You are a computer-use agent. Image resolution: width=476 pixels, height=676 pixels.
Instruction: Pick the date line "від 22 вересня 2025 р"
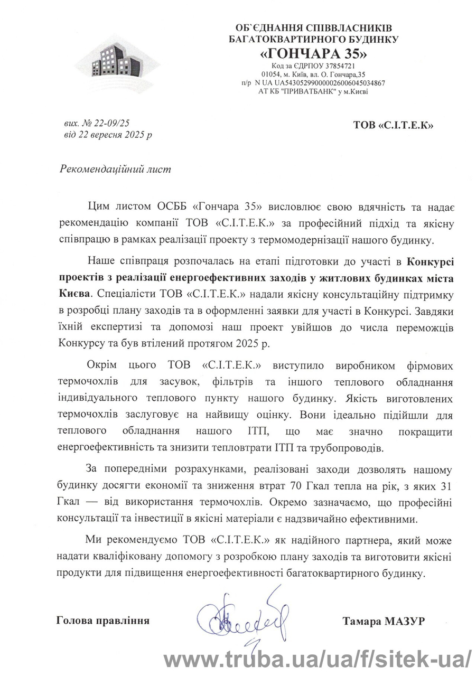click(x=107, y=135)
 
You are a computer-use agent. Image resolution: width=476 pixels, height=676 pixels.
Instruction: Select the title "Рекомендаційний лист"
click(x=115, y=170)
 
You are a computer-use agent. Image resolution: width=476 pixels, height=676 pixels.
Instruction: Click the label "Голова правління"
click(x=103, y=621)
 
